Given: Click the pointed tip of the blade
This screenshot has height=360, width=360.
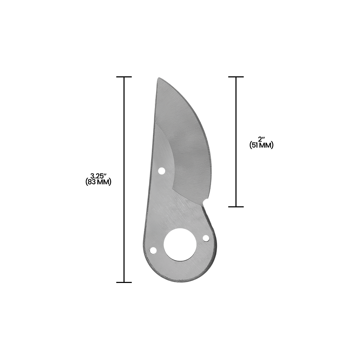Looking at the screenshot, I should point(158,79).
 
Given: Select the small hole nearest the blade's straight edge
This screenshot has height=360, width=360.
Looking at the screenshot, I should point(162,171).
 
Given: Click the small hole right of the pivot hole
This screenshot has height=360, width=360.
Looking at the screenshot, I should point(206,238).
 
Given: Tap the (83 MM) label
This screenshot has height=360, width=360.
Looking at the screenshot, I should point(98,182).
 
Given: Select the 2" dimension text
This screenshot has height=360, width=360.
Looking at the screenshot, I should point(262,139).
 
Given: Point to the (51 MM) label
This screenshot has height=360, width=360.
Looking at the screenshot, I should point(261,145).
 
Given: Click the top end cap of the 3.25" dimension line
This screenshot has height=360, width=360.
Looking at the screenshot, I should point(124,77).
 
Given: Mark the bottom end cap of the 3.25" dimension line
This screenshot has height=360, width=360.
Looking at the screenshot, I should point(124,282).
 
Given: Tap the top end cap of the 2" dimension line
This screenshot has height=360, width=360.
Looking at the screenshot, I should point(236,77).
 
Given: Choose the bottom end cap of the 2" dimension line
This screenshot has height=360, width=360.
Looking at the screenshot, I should point(236,207).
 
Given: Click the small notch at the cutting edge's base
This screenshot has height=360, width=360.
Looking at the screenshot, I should point(204,204).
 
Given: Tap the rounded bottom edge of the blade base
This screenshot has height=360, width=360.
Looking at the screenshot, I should point(180,280).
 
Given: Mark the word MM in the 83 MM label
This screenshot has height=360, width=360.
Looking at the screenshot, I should point(104,182).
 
